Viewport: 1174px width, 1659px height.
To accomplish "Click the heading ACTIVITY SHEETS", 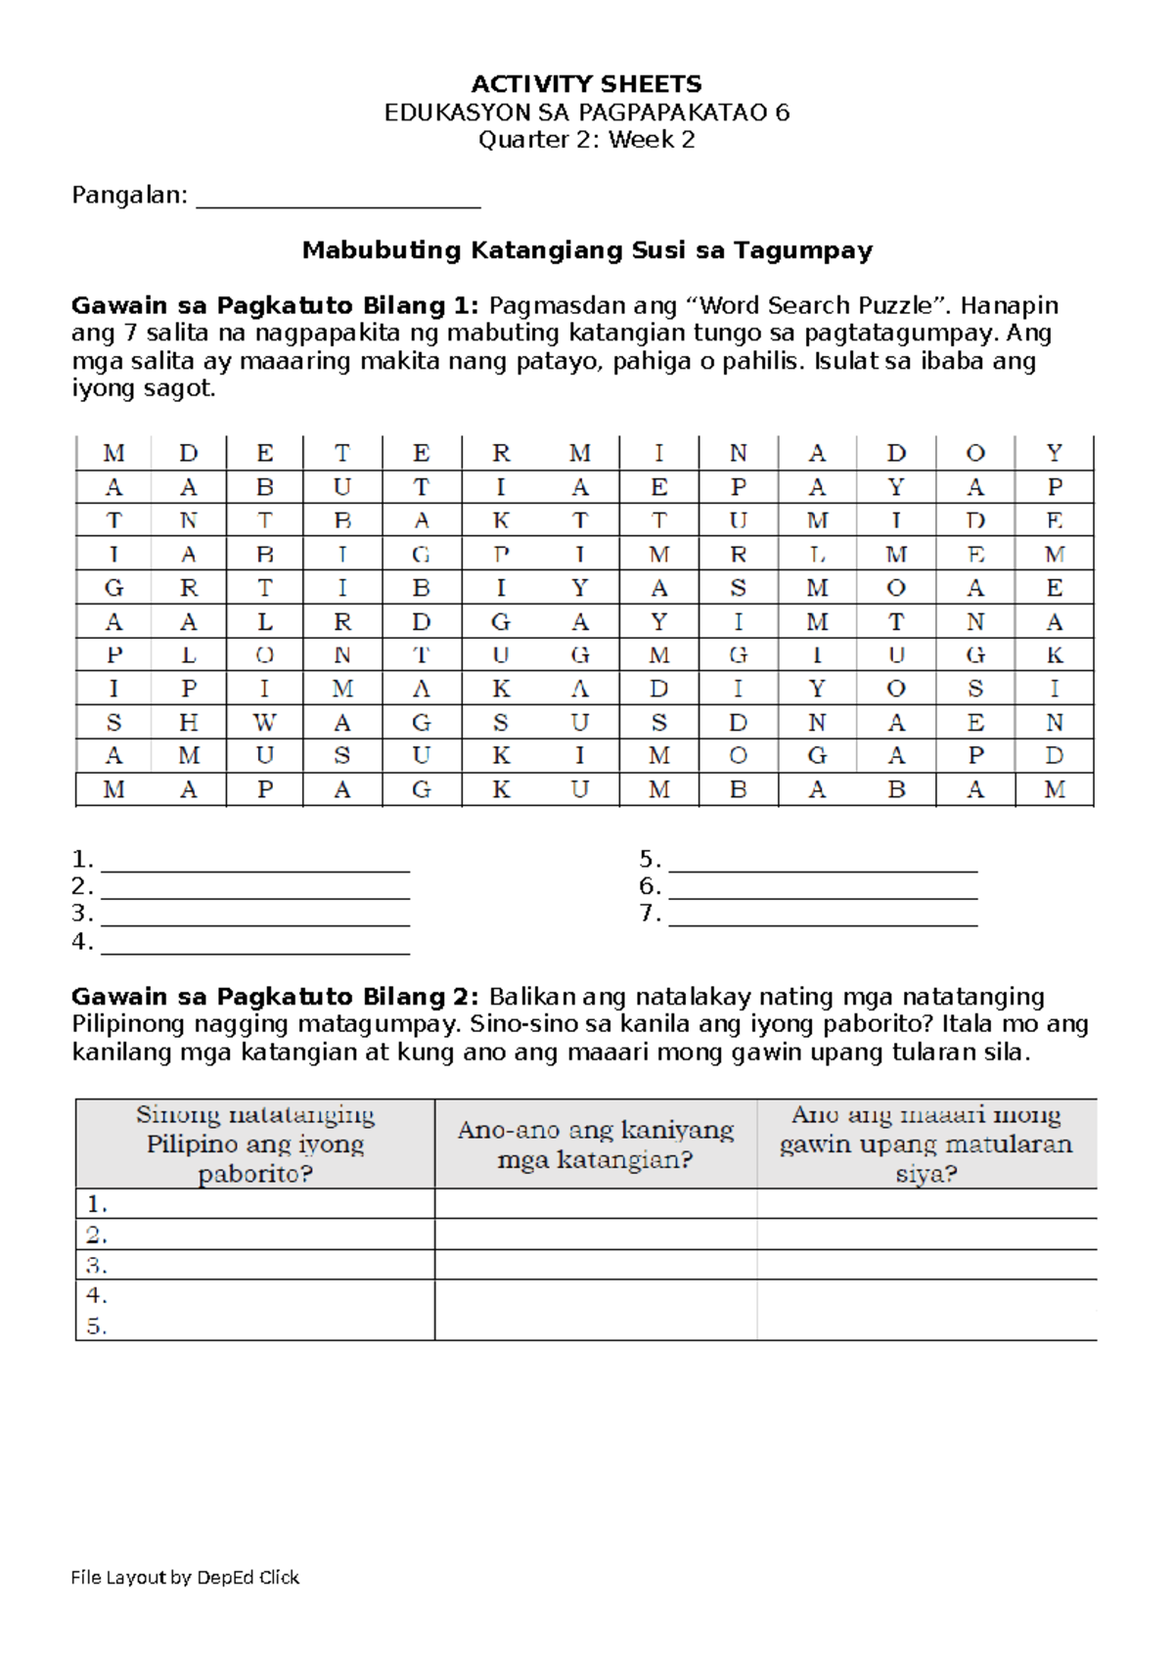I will click(x=586, y=84).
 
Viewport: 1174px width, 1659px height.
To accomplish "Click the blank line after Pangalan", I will click(x=338, y=199).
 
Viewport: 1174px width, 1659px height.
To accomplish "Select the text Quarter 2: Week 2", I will click(x=586, y=140).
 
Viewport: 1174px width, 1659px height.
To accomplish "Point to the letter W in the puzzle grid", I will click(x=264, y=723).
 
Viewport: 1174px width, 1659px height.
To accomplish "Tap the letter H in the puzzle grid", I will click(x=189, y=723).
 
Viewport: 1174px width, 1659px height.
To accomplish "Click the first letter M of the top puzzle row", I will click(x=113, y=454).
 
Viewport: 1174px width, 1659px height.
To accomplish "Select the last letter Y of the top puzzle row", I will click(x=1054, y=454).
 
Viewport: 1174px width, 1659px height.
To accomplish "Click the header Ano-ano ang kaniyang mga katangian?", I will click(x=595, y=1144).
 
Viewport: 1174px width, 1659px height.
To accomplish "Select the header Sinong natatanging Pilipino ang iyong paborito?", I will click(x=254, y=1143).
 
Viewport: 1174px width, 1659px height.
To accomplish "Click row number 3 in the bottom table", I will click(x=96, y=1266).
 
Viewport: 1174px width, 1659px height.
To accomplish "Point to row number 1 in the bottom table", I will click(x=96, y=1204).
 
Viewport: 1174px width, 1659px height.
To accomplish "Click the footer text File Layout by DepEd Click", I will click(x=185, y=1577).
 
